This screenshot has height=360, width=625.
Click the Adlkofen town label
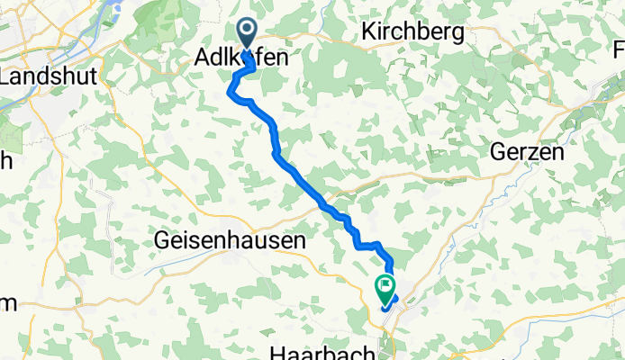[241, 58]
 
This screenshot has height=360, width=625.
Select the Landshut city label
[37, 77]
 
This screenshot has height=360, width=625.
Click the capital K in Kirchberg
[367, 32]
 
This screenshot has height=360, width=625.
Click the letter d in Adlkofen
[214, 58]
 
